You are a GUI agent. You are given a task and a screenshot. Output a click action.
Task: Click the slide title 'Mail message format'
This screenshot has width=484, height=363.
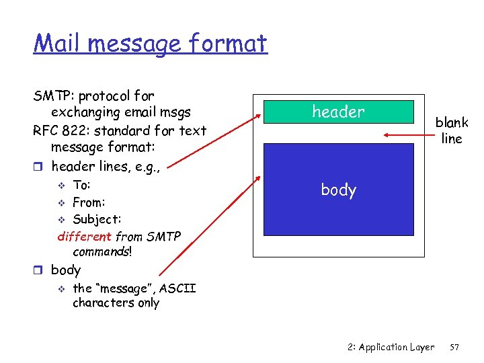click(151, 44)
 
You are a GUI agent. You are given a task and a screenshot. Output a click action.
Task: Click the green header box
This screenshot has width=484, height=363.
click(338, 112)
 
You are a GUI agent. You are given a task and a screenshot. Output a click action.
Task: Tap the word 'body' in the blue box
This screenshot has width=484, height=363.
click(338, 190)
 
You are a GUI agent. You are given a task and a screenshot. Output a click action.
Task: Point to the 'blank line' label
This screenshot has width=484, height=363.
click(452, 130)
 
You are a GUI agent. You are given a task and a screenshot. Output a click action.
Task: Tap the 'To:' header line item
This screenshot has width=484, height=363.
click(81, 185)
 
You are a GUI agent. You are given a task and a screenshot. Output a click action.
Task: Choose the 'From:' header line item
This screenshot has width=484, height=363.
click(89, 202)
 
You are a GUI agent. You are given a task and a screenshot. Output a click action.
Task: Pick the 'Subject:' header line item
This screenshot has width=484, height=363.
click(97, 219)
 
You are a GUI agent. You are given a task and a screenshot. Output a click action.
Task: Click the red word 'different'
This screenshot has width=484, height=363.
click(85, 236)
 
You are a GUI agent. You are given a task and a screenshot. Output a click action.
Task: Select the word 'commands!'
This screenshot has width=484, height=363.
click(102, 251)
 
